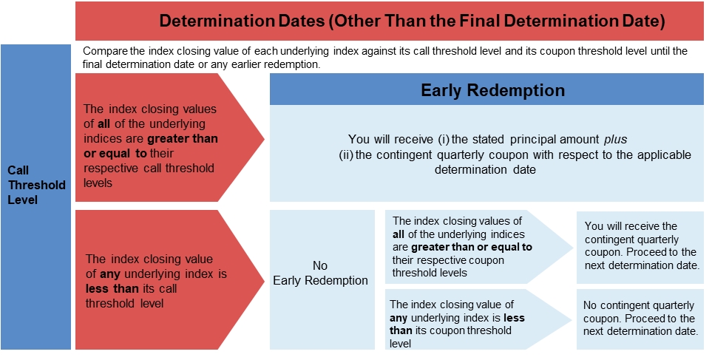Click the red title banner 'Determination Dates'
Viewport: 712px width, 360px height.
[x=390, y=21]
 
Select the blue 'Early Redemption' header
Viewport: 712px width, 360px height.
[x=486, y=89]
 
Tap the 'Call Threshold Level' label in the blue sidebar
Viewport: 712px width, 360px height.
[x=36, y=185]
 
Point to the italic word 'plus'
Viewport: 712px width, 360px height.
[x=615, y=139]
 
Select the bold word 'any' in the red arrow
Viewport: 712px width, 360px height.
[x=110, y=274]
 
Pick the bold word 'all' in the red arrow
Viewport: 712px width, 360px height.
[x=104, y=123]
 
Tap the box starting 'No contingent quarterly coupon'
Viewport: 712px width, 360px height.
[x=640, y=319]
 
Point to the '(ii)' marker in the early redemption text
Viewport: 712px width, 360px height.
[x=347, y=154]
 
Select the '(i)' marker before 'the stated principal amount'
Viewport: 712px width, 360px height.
[x=443, y=139]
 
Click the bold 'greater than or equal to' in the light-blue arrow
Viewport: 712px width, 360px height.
[x=471, y=248]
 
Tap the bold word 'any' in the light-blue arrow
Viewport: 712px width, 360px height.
[x=399, y=318]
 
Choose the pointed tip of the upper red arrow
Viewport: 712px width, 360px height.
[x=264, y=138]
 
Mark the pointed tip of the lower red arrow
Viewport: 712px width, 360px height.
[x=264, y=280]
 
